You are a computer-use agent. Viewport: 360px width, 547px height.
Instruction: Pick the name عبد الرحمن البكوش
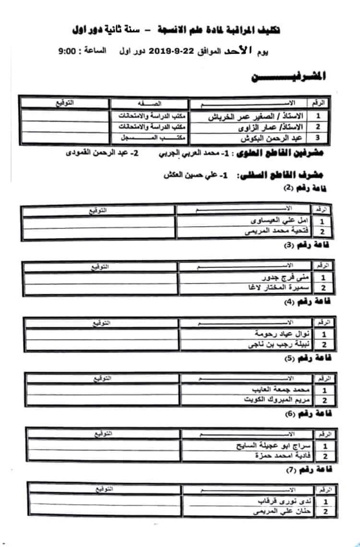click(x=273, y=138)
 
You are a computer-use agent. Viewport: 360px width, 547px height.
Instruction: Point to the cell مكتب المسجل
click(x=149, y=138)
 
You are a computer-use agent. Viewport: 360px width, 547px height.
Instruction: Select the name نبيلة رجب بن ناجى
click(x=280, y=344)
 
